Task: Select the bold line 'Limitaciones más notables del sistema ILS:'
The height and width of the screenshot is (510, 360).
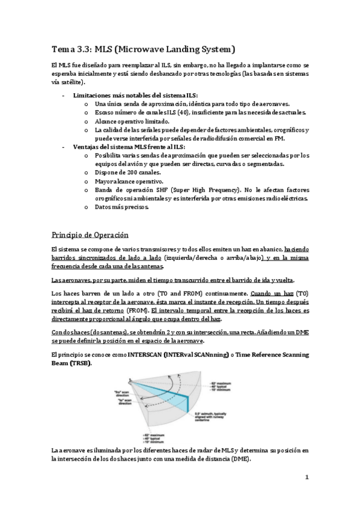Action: click(135, 96)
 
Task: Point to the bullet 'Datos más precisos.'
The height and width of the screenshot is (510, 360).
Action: click(122, 207)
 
